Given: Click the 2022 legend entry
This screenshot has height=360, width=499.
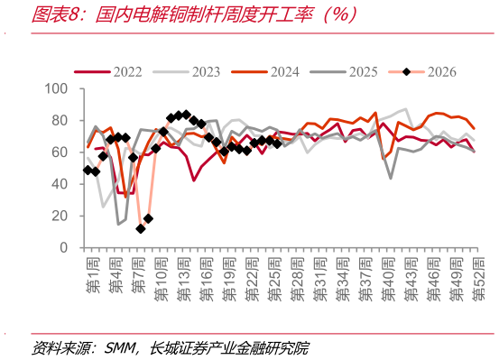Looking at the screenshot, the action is point(108,72).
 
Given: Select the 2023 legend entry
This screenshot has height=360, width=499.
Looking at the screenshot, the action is point(187,72).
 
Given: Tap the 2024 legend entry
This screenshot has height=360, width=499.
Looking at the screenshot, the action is point(265,72).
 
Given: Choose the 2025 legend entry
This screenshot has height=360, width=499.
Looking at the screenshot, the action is point(344,72).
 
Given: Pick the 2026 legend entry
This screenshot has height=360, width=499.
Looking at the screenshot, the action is point(422,72).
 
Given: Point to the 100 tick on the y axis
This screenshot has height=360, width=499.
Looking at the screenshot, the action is point(56,88).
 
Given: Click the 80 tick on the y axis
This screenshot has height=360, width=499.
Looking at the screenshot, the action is point(60,120).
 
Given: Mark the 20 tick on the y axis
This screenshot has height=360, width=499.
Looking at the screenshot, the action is point(60,216).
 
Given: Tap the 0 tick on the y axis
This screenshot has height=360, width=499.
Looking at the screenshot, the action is point(64,247).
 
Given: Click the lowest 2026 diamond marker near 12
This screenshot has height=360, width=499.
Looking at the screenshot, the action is point(141,228).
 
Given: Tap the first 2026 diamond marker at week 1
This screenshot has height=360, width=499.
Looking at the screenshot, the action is point(88,171).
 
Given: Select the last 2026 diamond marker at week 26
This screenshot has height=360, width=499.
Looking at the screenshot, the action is point(277,143).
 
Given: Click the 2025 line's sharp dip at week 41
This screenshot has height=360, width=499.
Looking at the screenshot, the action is point(391,179).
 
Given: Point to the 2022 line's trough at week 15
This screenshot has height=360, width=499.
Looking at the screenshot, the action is point(193,180).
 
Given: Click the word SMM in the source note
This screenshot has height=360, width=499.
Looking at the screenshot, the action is point(120,348).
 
